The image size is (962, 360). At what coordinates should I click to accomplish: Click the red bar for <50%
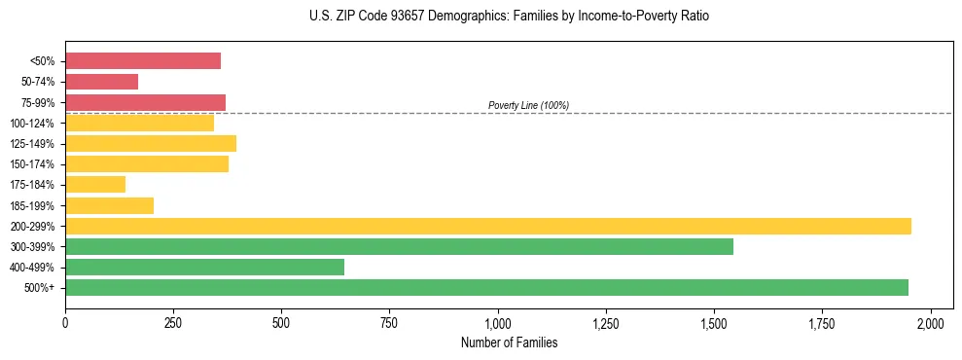(143, 61)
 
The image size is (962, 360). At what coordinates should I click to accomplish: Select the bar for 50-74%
(102, 82)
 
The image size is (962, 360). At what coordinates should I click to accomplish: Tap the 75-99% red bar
(145, 102)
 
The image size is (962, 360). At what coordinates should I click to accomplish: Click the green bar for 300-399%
(399, 246)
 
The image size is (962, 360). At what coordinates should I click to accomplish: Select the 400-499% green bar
(204, 267)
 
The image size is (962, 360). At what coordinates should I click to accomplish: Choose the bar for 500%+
(486, 287)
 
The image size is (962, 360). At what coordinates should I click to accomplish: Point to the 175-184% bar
(95, 184)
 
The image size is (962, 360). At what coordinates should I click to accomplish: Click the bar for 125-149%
(151, 143)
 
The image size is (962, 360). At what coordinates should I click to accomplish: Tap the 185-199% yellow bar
(109, 205)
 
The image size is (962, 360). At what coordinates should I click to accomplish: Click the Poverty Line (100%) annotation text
(528, 105)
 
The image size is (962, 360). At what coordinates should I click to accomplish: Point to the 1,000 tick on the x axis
(498, 322)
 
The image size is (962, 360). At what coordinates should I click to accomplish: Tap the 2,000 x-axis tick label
(931, 322)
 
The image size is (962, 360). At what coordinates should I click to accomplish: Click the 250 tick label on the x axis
(173, 322)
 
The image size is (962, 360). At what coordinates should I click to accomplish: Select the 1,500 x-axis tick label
(714, 322)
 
